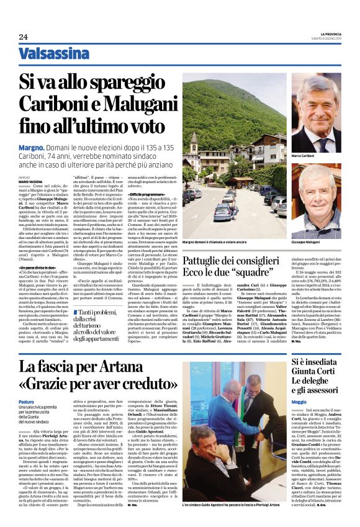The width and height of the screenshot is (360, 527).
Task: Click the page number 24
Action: [x=23, y=37]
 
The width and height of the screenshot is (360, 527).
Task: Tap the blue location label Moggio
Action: [x=299, y=403]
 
